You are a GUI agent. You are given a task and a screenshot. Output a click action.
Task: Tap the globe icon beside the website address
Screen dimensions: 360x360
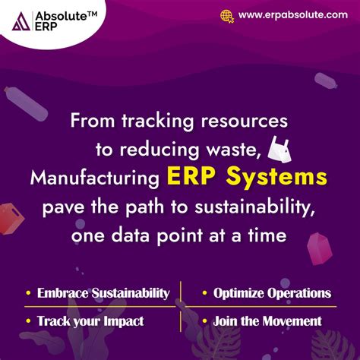(226, 15)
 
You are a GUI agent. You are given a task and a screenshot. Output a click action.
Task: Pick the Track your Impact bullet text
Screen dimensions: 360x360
(87, 321)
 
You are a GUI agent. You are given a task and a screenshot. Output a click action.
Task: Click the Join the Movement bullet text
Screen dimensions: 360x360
(267, 321)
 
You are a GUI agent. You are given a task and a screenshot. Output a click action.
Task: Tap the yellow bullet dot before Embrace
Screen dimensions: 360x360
(29, 293)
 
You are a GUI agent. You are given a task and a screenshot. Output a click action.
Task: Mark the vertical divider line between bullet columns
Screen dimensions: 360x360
(181, 305)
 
